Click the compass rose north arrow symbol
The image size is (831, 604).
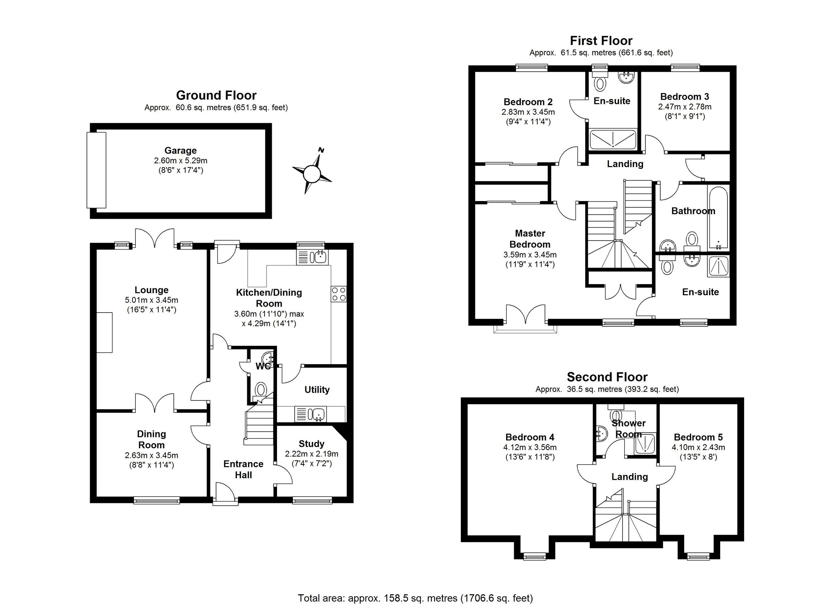(312, 173)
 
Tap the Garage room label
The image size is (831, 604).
(180, 151)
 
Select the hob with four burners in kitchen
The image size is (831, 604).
(339, 294)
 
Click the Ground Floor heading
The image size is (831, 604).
(216, 95)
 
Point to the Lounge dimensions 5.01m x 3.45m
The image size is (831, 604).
(151, 300)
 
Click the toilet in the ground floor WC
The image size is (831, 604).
(261, 389)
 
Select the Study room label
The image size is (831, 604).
(311, 444)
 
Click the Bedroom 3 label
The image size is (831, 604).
(685, 97)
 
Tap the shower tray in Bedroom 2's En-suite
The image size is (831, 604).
(613, 139)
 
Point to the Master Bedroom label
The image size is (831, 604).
(530, 239)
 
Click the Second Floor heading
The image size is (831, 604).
(607, 377)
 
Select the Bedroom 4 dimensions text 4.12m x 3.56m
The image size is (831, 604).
(530, 447)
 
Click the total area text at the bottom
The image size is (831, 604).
(415, 598)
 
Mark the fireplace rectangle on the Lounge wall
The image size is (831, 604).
(105, 332)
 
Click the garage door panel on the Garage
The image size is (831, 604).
(96, 170)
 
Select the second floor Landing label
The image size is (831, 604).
(629, 477)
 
